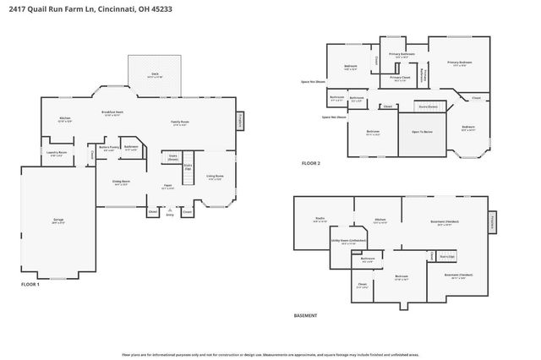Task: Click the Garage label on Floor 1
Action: tap(59, 220)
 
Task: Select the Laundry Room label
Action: tap(57, 155)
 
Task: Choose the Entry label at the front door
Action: tap(170, 215)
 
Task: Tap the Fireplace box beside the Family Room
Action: tap(240, 121)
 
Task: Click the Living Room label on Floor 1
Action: tap(216, 177)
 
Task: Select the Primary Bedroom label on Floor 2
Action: tap(459, 63)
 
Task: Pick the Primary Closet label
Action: tap(400, 79)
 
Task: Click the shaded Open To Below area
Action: tap(422, 133)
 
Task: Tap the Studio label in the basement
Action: tap(320, 219)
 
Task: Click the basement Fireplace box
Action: tap(492, 222)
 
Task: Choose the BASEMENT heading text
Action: tap(305, 315)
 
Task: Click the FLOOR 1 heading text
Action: tap(30, 285)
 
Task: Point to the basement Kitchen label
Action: tap(380, 221)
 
